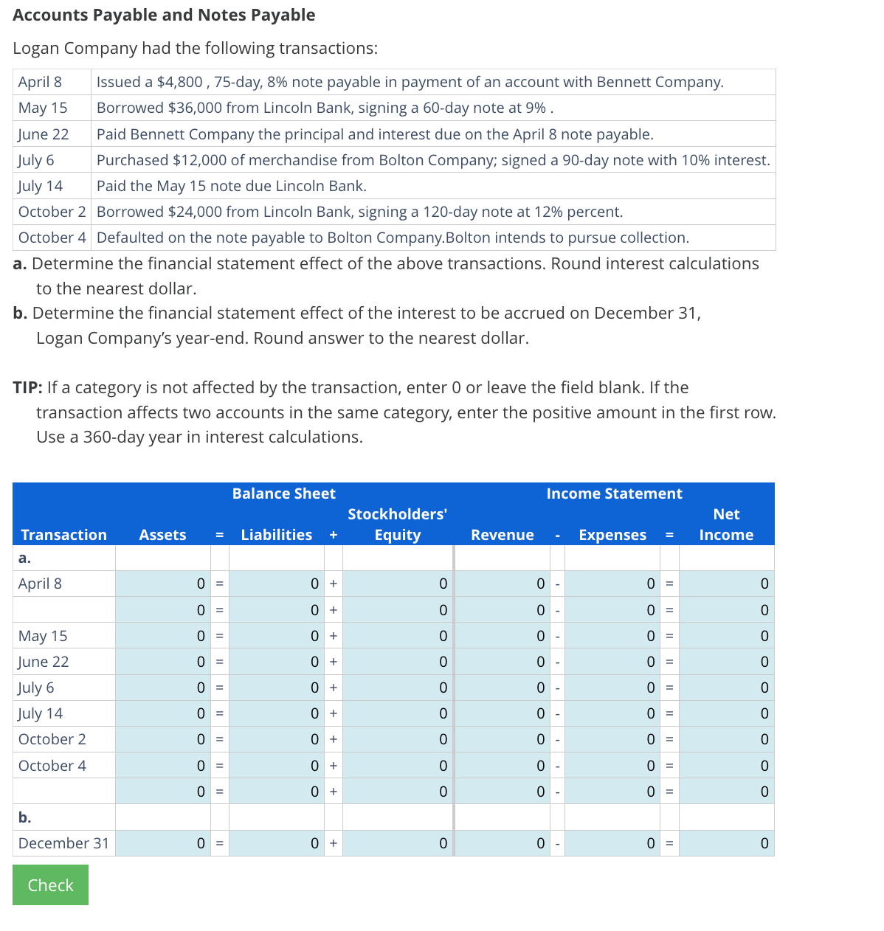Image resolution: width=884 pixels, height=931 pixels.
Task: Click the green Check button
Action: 50,885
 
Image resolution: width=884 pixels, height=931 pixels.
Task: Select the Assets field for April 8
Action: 163,584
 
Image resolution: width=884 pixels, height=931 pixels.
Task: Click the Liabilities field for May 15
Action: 277,636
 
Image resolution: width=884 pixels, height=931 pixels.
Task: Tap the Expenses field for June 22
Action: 612,662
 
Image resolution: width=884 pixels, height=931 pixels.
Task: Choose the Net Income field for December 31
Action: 726,843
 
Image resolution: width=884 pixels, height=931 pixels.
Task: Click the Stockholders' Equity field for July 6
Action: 398,688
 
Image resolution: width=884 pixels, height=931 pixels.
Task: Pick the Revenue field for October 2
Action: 503,739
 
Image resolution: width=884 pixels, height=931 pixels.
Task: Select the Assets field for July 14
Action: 163,713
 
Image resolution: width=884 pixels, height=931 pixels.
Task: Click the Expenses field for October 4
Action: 612,766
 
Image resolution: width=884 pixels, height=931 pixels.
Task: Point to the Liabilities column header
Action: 276,535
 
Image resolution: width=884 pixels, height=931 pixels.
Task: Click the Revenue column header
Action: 503,535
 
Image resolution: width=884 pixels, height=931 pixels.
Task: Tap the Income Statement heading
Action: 614,494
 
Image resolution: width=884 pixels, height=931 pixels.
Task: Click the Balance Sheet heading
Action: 283,494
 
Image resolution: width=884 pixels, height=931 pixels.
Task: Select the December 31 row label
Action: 63,843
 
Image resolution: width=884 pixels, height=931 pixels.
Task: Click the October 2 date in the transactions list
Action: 52,212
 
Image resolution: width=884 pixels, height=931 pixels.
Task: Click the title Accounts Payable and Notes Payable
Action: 164,15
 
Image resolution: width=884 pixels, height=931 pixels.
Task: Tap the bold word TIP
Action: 27,387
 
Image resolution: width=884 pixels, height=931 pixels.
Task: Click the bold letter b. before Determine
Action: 20,313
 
